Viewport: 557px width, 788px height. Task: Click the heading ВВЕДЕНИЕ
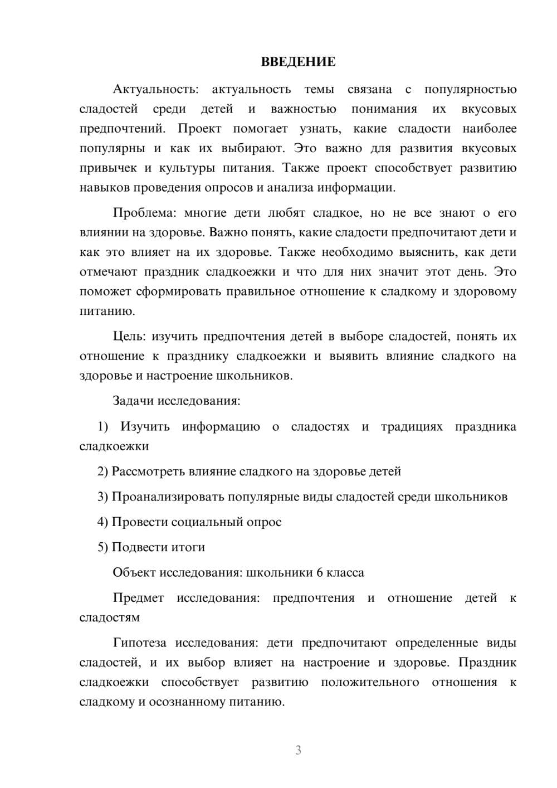[x=298, y=62]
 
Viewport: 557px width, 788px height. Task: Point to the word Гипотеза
[x=139, y=643]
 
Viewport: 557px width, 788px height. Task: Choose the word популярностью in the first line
[x=470, y=90]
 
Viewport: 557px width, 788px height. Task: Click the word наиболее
[x=489, y=129]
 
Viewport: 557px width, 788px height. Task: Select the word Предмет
[x=138, y=598]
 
